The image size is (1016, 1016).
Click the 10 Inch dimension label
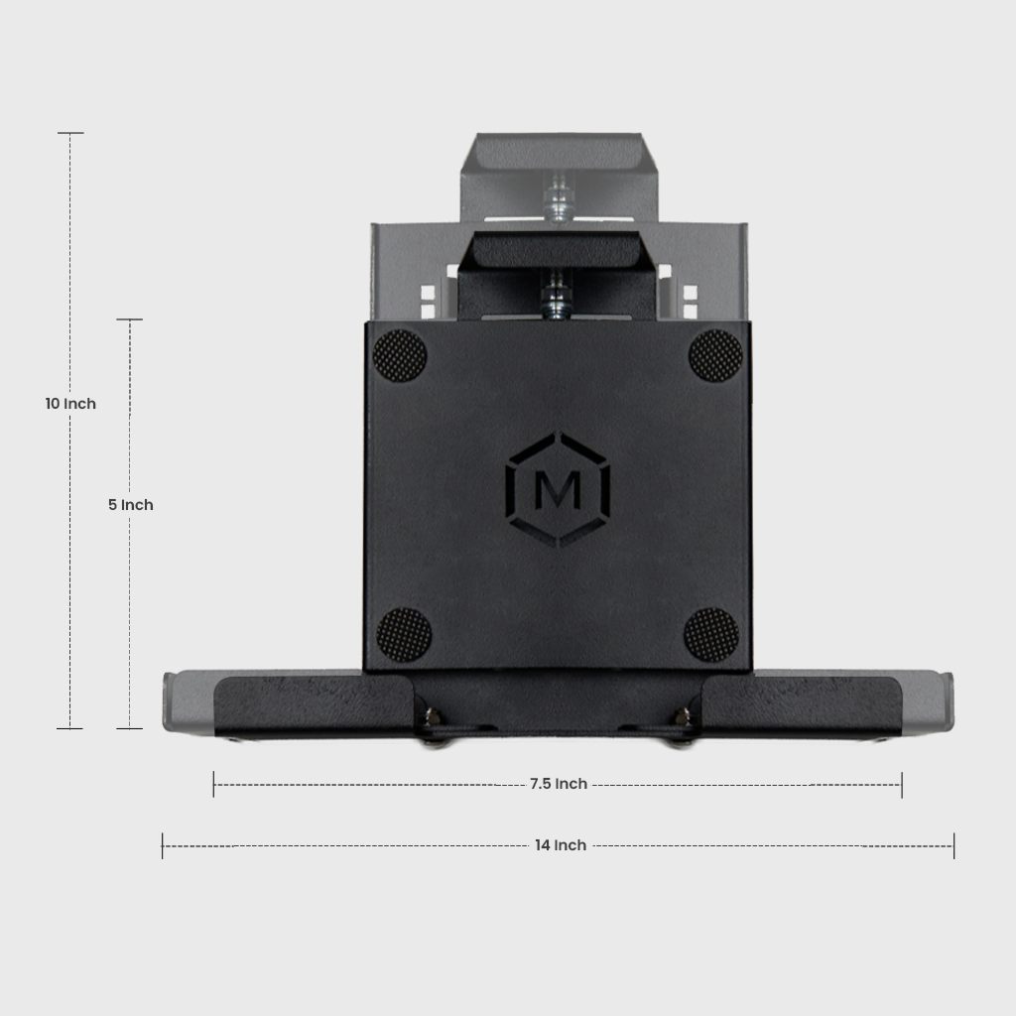click(x=70, y=404)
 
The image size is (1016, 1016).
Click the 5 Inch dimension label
click(x=131, y=505)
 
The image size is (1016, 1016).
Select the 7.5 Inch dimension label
click(x=558, y=784)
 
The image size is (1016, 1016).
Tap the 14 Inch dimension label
click(x=561, y=845)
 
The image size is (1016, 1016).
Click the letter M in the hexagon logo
click(x=558, y=490)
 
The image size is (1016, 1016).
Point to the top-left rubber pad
click(x=400, y=355)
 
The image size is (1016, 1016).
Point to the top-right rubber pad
click(x=715, y=355)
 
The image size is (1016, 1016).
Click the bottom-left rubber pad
click(x=404, y=635)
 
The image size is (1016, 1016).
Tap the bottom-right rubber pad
click(x=711, y=635)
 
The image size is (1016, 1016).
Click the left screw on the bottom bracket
click(x=433, y=716)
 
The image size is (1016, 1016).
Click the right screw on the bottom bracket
click(x=682, y=716)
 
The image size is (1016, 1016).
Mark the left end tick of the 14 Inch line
click(x=163, y=845)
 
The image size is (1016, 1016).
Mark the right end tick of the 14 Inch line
click(x=953, y=845)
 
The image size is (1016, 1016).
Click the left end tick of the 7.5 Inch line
click(x=213, y=785)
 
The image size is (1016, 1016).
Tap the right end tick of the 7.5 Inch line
click(x=901, y=785)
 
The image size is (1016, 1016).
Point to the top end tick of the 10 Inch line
click(x=70, y=133)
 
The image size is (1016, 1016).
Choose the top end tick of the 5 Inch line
click(x=130, y=319)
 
